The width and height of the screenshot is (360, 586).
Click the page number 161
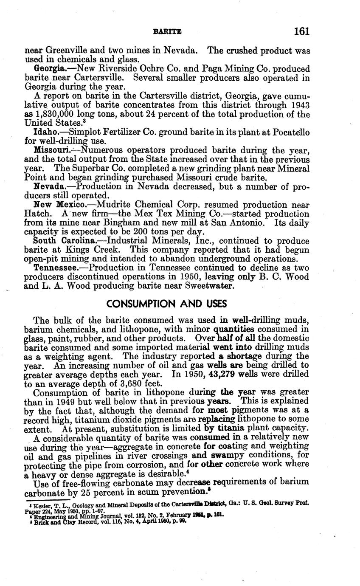tap(301, 31)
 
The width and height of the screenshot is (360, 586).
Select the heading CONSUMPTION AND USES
tap(167, 304)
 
